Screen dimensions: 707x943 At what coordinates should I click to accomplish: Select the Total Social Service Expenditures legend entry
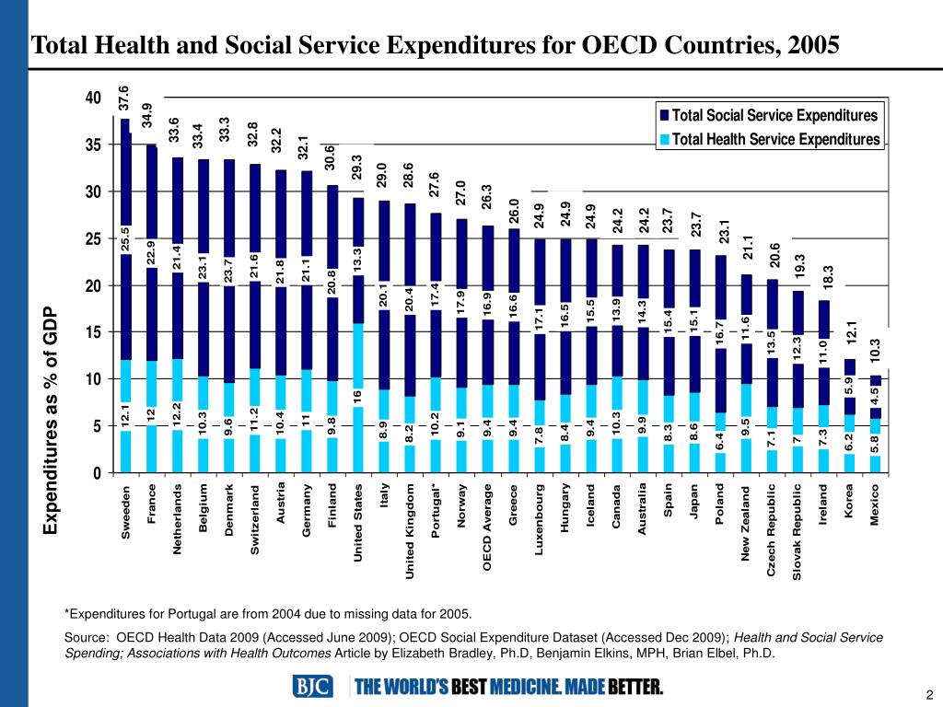point(774,116)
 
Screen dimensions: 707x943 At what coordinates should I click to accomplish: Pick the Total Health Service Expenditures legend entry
point(774,139)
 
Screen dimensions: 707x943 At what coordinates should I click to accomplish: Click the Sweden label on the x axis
point(126,511)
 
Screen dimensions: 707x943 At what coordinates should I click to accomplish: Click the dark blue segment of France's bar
point(151,203)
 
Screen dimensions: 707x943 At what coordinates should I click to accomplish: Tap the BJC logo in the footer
point(314,687)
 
